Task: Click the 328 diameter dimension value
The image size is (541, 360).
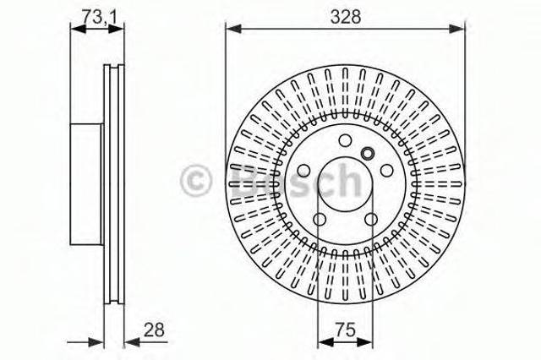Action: (346, 16)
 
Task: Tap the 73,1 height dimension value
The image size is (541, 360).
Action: (98, 15)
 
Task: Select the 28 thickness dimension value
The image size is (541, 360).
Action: (154, 330)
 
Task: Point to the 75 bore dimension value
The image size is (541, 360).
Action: (345, 330)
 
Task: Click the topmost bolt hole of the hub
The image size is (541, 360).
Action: (345, 140)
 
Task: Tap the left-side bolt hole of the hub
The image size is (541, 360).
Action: (303, 171)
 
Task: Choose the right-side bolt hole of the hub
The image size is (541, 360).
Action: (387, 171)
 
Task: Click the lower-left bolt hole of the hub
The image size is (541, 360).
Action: (320, 219)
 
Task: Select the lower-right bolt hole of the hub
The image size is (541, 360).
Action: (371, 219)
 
